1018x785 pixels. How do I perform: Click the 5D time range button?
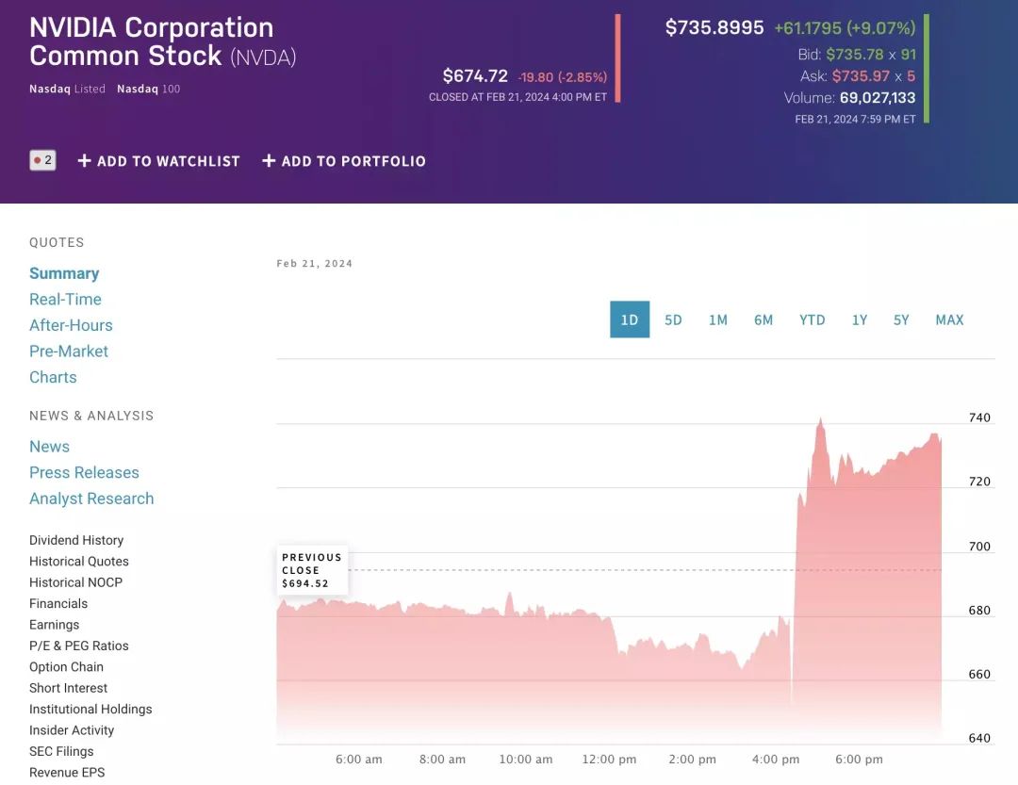pos(673,319)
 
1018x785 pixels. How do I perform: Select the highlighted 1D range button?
pos(630,319)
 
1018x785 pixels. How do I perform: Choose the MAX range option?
pos(949,319)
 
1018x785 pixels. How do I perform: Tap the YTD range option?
pos(812,319)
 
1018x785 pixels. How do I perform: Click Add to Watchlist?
pos(158,161)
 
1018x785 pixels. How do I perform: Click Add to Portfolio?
pos(344,161)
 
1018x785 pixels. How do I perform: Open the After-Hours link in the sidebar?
pos(71,325)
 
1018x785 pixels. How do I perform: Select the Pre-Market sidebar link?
pos(69,351)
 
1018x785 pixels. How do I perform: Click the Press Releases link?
pos(84,472)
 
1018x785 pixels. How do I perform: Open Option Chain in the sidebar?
pos(66,666)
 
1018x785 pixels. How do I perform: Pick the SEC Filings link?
pos(62,751)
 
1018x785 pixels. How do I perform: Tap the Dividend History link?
pos(76,540)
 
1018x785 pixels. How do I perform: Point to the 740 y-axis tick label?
pos(979,417)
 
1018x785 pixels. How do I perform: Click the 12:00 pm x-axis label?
pos(609,760)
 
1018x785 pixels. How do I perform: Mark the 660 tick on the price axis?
pos(979,675)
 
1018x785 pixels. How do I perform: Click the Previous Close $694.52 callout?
pos(312,570)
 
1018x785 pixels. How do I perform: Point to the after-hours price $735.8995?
pos(714,27)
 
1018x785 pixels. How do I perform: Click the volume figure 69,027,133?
pos(877,98)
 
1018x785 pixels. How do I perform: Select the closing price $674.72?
pos(475,76)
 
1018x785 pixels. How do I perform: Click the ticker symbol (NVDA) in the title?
pos(263,57)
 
